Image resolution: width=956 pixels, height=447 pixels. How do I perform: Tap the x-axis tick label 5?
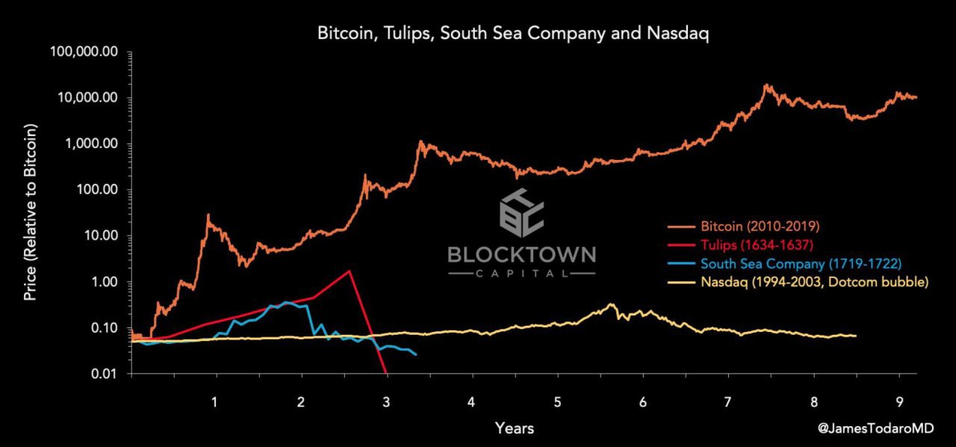(556, 402)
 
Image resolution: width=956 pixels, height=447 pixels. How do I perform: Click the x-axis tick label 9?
(898, 402)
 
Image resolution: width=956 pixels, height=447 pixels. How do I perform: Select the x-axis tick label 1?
(215, 402)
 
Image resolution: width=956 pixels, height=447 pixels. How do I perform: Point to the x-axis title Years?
(514, 428)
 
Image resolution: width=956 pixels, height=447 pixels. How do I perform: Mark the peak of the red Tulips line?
(349, 271)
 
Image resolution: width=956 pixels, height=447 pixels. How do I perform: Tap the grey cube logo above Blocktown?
(521, 212)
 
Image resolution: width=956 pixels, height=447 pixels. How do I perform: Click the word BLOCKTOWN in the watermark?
(521, 255)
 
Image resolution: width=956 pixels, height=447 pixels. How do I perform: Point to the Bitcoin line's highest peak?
(766, 85)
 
